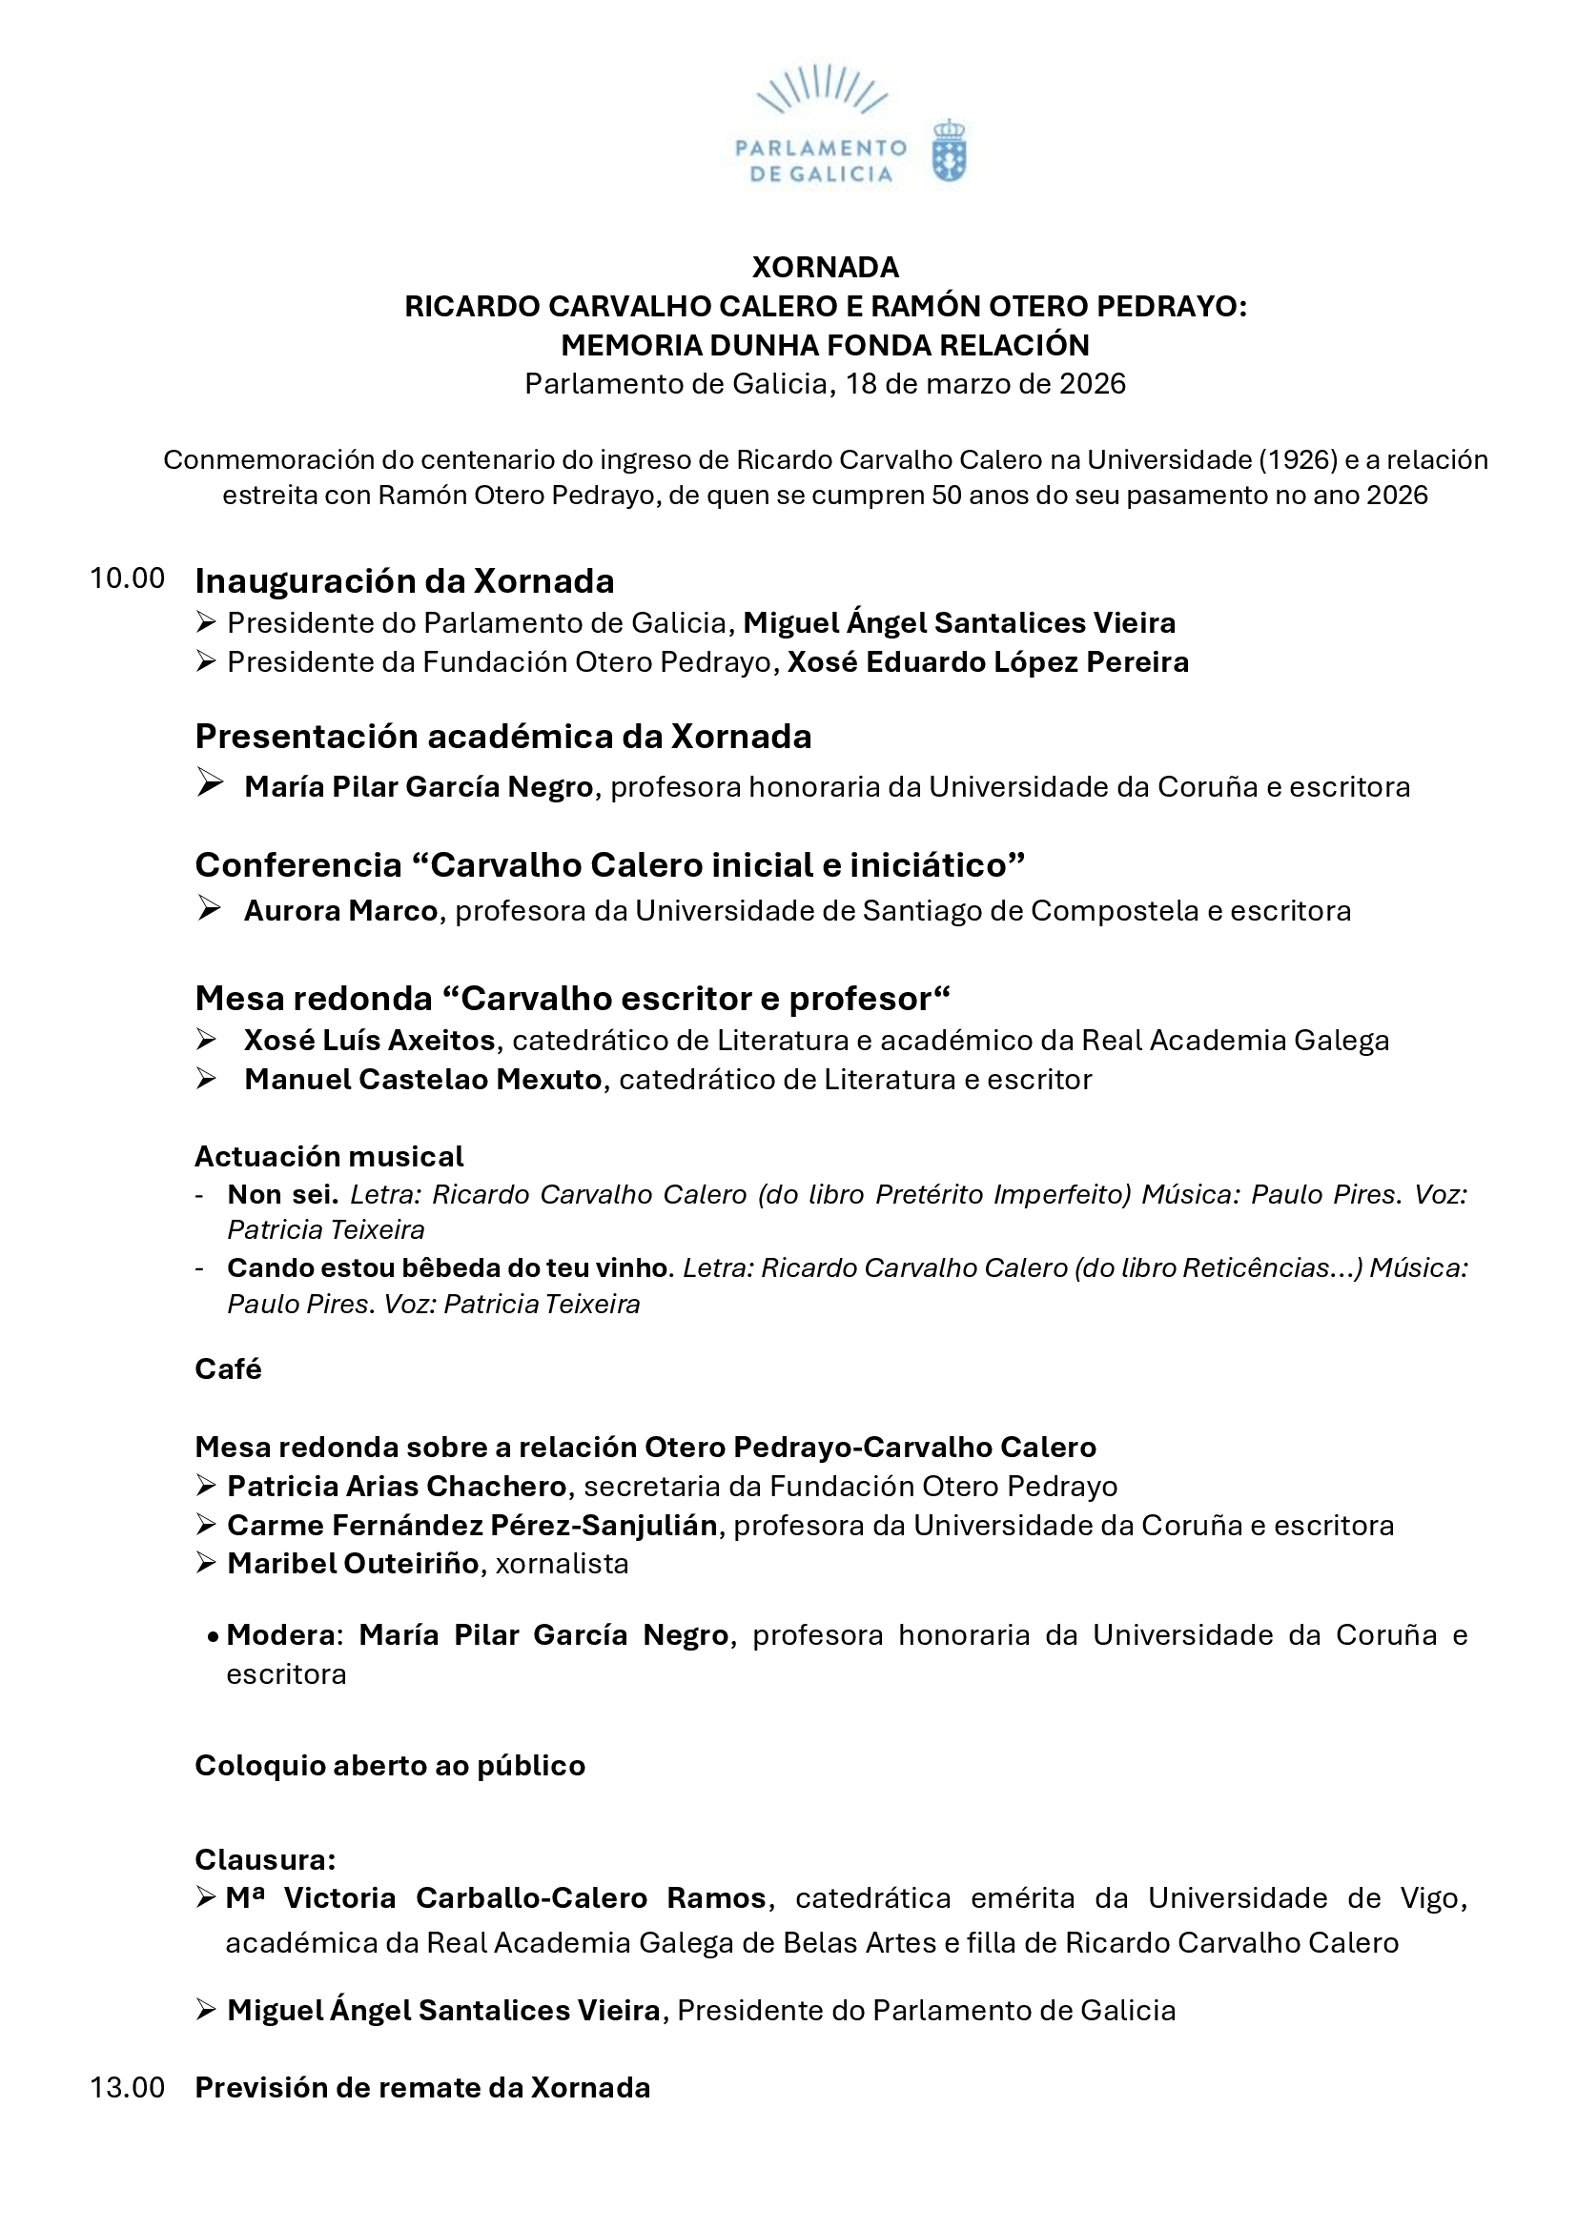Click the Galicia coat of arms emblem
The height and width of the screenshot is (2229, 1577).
tap(949, 152)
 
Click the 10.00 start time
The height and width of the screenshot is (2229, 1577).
tap(127, 578)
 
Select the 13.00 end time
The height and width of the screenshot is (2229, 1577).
tap(127, 2087)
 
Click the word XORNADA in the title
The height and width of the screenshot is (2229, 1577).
tap(826, 267)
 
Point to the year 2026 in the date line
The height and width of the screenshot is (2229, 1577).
tap(1093, 383)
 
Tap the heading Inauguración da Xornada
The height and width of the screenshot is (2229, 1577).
tap(404, 581)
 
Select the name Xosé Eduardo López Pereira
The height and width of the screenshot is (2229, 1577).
tap(988, 662)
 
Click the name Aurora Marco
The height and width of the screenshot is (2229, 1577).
tap(340, 911)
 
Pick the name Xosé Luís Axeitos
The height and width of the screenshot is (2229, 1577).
tap(370, 1041)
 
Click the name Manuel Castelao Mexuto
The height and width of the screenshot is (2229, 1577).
tap(423, 1080)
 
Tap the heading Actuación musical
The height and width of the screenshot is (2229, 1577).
tap(329, 1156)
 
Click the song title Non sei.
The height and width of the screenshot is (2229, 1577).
tap(282, 1194)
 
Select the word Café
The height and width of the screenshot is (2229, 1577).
tap(228, 1368)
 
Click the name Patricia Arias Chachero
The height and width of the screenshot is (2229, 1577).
tap(398, 1487)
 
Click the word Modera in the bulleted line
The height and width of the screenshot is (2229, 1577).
tap(280, 1636)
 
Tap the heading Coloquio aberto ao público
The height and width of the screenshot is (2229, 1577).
tap(390, 1766)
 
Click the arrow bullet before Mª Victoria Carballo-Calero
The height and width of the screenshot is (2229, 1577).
tap(206, 1898)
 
